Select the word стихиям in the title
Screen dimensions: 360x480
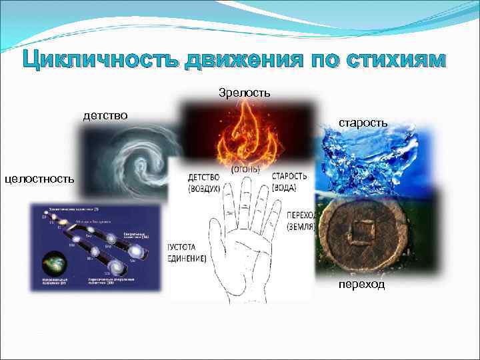(389, 61)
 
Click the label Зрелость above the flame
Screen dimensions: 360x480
(244, 91)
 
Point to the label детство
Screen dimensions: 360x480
(105, 116)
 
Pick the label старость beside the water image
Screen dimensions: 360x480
(363, 123)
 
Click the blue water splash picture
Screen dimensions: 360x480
(370, 160)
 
